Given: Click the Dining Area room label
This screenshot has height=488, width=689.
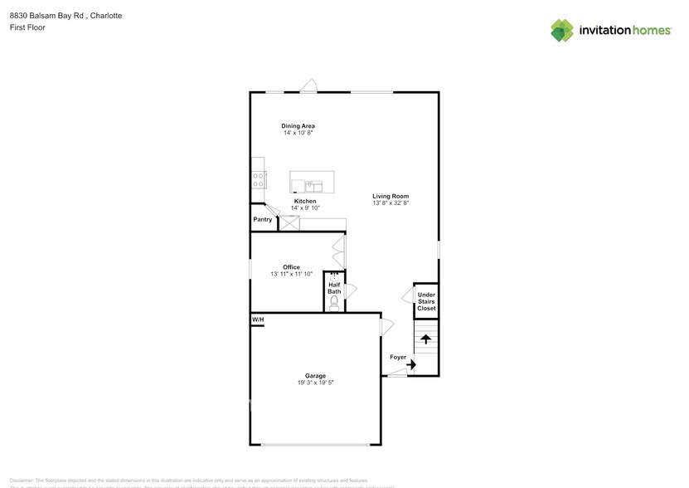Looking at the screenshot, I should point(298,126).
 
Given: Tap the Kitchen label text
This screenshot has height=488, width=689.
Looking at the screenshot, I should point(304,201).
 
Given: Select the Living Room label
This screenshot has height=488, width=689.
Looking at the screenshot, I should point(391,196).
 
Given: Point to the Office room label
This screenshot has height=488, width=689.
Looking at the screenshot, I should point(291,267).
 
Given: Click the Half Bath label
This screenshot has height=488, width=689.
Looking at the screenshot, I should point(334,288).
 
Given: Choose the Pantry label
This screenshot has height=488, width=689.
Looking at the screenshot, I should point(263,220).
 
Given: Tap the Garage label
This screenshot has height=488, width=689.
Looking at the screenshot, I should point(315,376).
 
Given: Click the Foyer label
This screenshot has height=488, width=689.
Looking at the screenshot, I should point(398,358).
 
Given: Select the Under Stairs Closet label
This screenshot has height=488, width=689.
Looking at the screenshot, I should point(426,301).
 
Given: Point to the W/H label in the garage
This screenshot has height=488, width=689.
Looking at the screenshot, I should point(258,320).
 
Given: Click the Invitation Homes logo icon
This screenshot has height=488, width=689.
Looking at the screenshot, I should point(562,31).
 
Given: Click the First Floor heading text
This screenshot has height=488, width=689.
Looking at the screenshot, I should point(27,27).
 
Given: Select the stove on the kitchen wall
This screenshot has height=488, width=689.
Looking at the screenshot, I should point(259,180).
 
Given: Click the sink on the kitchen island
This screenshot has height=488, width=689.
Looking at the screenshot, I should point(313,183).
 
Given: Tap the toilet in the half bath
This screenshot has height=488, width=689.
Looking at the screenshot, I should point(334,304).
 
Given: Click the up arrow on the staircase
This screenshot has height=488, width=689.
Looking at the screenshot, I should point(426,339).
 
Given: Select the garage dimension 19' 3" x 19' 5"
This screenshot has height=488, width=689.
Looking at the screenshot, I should point(315,383).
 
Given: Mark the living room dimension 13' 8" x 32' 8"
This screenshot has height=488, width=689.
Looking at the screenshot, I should point(391,203).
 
